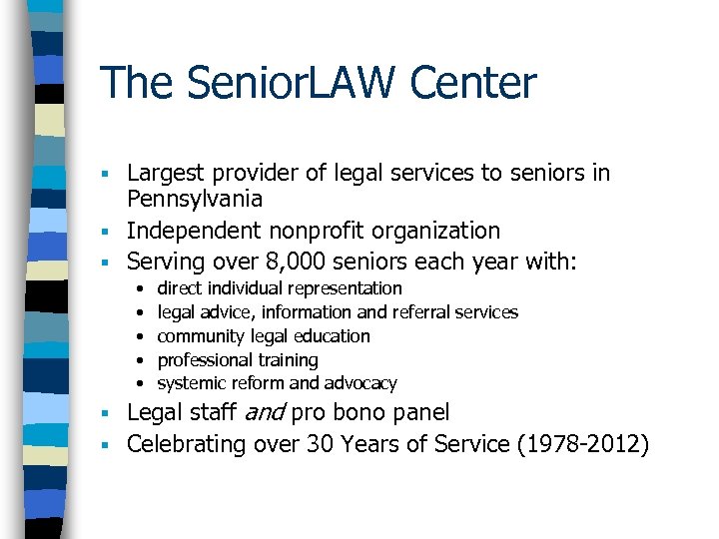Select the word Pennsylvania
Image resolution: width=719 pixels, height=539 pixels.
(x=195, y=199)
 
